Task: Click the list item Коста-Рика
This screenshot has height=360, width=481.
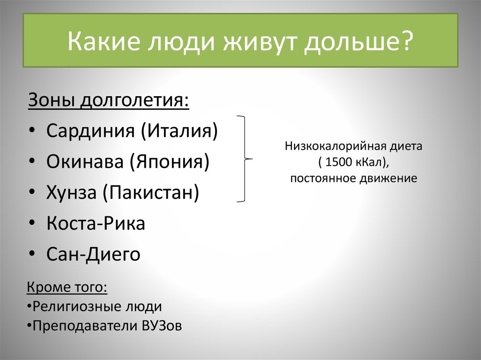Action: tap(96, 223)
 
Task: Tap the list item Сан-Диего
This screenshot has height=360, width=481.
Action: tap(93, 254)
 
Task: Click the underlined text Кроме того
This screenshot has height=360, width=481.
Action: tap(67, 287)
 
